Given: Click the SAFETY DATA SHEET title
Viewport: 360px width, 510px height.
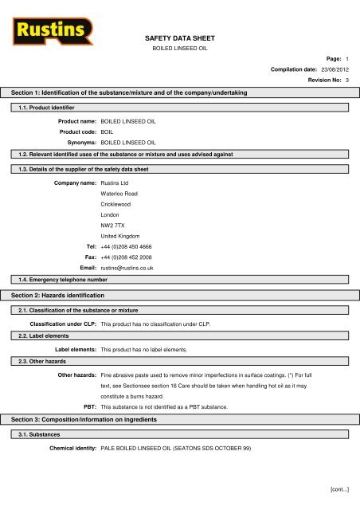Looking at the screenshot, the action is [179, 37].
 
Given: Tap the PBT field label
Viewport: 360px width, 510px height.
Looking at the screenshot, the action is [88, 406].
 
